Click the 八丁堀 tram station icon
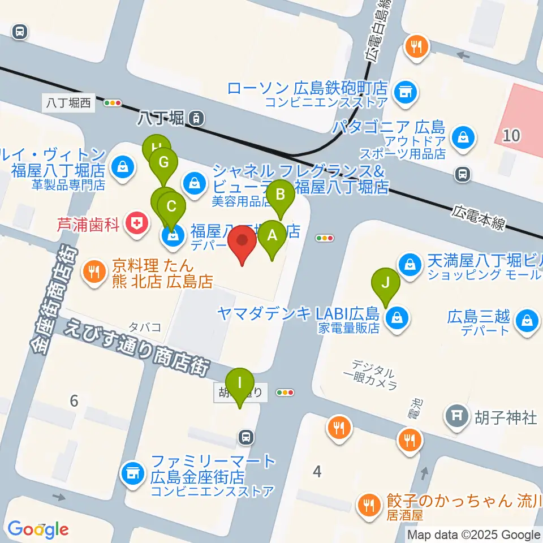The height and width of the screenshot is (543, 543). tap(196, 118)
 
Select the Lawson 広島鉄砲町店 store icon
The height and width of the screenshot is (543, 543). tap(404, 90)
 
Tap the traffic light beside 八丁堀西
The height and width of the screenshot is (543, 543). tap(113, 103)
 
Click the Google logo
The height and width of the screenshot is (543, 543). tap(38, 528)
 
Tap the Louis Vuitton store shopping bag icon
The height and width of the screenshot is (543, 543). tap(122, 167)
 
